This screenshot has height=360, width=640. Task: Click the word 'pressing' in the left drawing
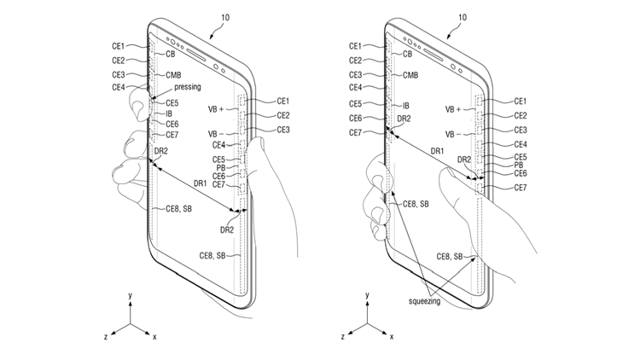pos(188,87)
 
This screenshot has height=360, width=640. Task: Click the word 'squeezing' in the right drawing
pos(424,301)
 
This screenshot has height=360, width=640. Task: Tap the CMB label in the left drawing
pos(173,75)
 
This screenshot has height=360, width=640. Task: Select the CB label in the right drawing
pos(407,54)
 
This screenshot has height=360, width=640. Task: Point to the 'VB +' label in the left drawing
pos(216,109)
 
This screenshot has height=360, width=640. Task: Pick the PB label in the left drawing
pos(221,167)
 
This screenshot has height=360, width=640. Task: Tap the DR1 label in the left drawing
pos(200,183)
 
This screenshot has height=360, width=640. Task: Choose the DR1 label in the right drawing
pos(437,151)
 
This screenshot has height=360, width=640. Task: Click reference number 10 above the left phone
pos(225,18)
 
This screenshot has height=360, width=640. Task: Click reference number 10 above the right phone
pos(462,18)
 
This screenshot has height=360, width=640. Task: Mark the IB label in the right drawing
pos(405,106)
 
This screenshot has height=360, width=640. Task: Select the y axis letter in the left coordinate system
pos(131,294)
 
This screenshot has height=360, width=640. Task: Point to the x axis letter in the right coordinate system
pos(392,337)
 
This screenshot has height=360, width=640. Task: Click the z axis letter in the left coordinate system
pos(106,337)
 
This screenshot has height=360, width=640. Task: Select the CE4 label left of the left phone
pos(118,87)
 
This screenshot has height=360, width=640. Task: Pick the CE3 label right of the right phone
pos(520,131)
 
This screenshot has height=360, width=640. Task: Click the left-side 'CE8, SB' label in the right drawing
pos(416,204)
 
